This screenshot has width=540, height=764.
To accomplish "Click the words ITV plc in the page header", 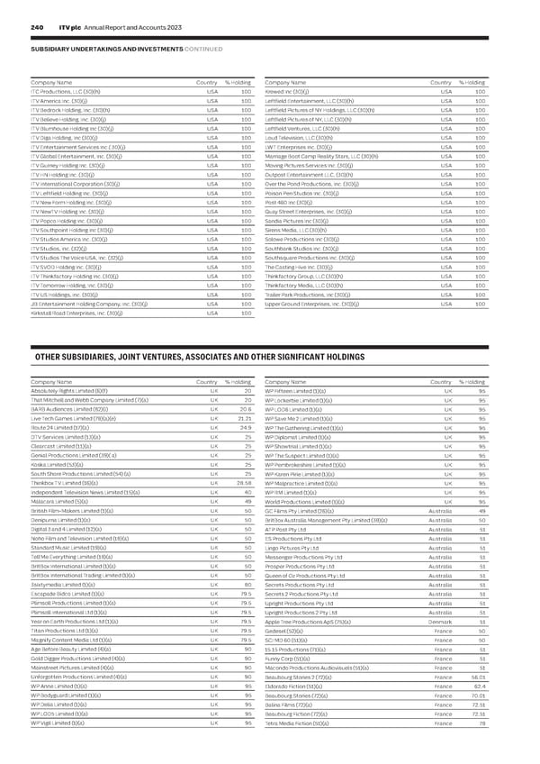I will [x=66, y=27].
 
